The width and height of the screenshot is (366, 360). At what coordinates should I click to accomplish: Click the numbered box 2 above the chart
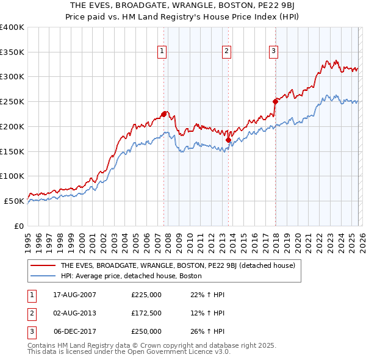pos(227,51)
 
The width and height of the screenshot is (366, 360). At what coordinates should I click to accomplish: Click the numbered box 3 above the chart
pos(274,51)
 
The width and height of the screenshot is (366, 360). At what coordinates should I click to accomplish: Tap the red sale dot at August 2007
pos(163,113)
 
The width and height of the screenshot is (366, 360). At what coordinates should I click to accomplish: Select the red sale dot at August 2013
pos(228,140)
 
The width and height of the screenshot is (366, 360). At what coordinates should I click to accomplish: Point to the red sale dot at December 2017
pos(275,101)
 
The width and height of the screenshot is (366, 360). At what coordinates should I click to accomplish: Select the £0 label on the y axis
pos(18,226)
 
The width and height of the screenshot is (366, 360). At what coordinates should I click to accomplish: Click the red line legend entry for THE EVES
pos(178,265)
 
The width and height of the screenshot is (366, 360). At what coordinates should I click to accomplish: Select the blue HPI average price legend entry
pos(131,276)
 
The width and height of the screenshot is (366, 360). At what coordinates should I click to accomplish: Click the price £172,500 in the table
pos(146,313)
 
